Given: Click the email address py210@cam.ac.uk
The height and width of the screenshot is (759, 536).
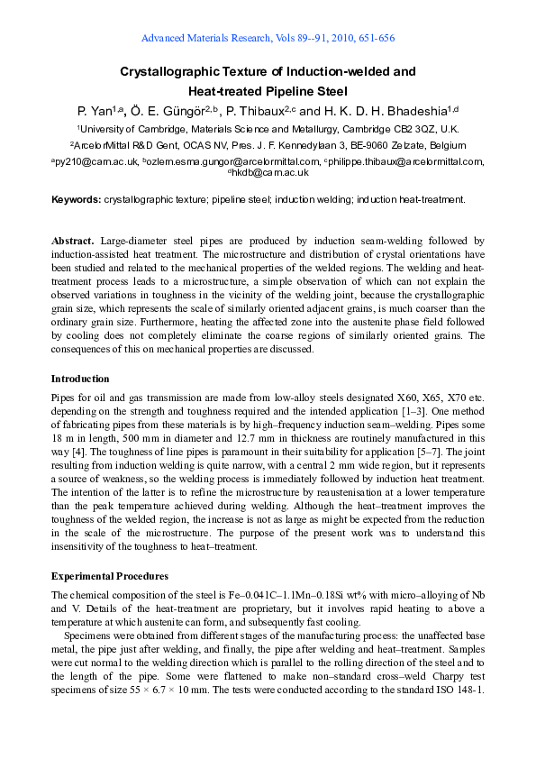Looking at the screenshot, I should click(x=96, y=162).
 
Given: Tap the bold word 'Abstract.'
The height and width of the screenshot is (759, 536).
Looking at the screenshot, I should click(x=72, y=242).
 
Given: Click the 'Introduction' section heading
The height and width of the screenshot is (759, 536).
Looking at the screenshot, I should click(x=80, y=379).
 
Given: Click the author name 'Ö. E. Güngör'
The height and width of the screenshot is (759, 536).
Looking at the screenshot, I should click(x=171, y=111).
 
